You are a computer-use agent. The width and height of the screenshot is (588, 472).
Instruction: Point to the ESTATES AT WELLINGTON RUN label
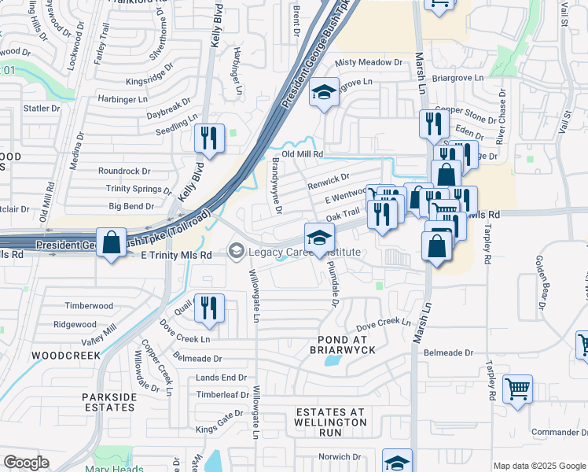(x=331, y=417)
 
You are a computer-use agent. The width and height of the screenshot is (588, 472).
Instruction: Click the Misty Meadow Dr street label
(x=369, y=62)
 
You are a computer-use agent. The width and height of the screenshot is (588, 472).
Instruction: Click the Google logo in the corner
(x=26, y=463)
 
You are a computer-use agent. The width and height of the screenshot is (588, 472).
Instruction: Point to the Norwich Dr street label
(x=339, y=456)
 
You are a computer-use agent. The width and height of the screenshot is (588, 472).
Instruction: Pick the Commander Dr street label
(x=555, y=432)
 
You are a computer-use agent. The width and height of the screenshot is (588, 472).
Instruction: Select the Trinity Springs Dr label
(x=138, y=189)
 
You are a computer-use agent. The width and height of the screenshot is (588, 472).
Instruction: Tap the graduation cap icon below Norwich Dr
(x=397, y=462)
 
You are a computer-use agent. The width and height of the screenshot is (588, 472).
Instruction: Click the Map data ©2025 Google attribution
(x=539, y=465)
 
